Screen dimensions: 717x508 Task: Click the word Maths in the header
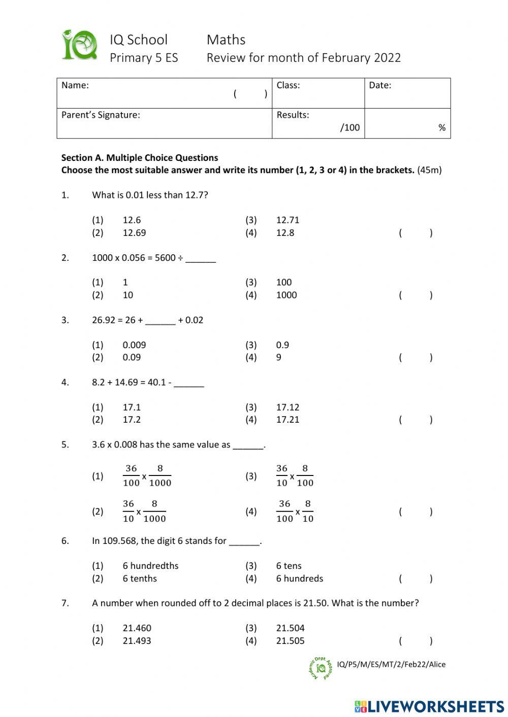point(226,40)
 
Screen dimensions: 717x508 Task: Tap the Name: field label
point(75,85)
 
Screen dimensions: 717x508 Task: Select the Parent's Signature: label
point(101,115)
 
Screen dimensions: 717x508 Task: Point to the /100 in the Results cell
point(350,128)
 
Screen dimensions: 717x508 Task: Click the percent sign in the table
point(441,128)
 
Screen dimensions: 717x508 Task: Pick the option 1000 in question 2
point(286,295)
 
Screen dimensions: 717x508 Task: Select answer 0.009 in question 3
point(134,345)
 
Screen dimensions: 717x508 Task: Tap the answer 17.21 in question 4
point(288,420)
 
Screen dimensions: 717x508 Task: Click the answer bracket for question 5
point(416,511)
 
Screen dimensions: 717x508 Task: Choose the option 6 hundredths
point(150,566)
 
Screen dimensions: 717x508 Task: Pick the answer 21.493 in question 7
point(137,641)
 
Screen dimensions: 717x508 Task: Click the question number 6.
point(65,541)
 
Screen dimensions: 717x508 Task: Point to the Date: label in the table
point(380,85)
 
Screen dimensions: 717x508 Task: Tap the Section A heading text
point(140,158)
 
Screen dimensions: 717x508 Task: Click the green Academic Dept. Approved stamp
point(321,667)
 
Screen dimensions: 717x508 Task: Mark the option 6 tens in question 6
point(289,566)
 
